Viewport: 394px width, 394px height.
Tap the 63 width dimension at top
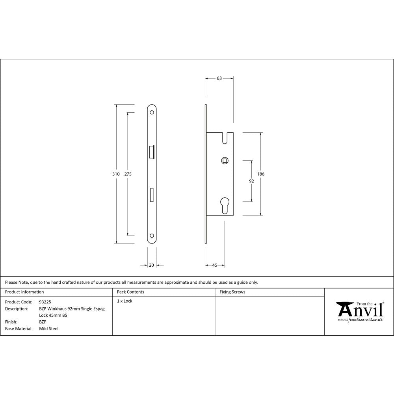219,78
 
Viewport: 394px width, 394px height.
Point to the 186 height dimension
261,174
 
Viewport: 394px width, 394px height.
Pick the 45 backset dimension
215,265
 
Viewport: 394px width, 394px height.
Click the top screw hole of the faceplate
152,112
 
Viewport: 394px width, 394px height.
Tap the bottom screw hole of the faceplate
152,236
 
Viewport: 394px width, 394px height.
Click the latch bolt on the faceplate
152,152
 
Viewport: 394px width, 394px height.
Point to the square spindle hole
225,160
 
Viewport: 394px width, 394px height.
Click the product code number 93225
45,301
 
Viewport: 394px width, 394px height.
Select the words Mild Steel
49,329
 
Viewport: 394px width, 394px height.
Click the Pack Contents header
130,292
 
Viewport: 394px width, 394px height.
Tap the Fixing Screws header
232,292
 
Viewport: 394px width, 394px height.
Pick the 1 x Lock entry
125,301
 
